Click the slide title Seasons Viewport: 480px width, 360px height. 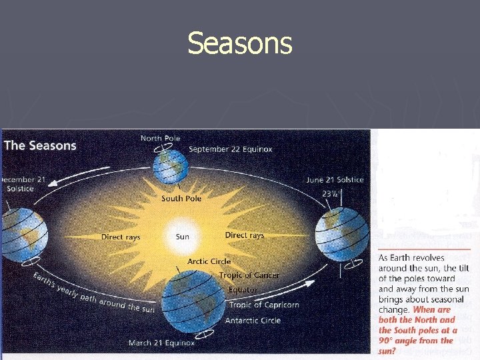click(x=239, y=44)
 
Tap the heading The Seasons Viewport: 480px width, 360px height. click(x=40, y=145)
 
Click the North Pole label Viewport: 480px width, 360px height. click(x=160, y=139)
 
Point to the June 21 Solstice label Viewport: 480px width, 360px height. click(x=335, y=180)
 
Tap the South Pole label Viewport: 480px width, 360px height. click(x=181, y=199)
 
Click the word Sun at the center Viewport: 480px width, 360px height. click(x=182, y=237)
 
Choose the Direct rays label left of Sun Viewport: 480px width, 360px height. click(x=121, y=237)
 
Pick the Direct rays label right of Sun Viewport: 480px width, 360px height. click(x=244, y=235)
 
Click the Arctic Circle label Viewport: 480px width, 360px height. click(x=209, y=261)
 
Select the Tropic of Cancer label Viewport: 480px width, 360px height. click(x=249, y=275)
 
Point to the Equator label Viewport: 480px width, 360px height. click(x=242, y=290)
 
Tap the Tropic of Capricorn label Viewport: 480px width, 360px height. click(x=264, y=305)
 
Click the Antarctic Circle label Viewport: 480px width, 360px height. click(x=253, y=320)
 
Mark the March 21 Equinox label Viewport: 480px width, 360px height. click(x=161, y=343)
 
